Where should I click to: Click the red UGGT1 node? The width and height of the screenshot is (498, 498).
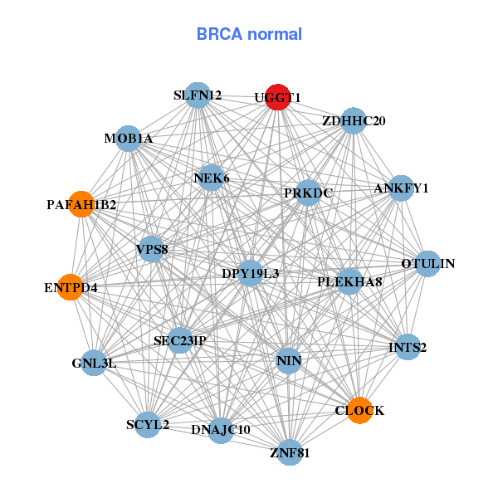[277, 96]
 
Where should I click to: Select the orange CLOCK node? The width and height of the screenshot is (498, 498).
[359, 411]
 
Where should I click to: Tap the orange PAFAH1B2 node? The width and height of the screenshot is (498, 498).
[81, 204]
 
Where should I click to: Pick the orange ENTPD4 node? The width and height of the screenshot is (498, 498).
[71, 287]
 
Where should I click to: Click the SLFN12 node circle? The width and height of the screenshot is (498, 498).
[197, 95]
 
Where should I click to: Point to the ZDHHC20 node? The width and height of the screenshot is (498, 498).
[354, 120]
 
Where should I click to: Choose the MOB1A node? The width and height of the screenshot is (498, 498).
[128, 138]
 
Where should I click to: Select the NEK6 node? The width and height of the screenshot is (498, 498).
[211, 178]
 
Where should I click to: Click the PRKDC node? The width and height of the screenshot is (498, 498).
[308, 193]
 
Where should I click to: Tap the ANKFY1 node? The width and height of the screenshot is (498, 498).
[401, 188]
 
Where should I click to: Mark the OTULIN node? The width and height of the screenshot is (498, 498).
[427, 264]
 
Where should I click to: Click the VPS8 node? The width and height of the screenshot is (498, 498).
[151, 248]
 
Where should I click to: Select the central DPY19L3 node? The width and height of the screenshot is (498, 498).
[250, 272]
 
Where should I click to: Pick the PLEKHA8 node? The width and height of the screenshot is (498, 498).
[349, 281]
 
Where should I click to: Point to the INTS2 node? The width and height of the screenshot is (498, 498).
[407, 346]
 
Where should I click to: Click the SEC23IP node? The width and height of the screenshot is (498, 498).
[180, 340]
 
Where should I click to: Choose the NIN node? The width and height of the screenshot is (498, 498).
[288, 360]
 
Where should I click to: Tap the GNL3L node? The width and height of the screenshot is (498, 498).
[94, 363]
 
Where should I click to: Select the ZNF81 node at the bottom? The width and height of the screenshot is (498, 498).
[289, 452]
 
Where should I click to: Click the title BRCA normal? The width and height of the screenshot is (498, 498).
[249, 34]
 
